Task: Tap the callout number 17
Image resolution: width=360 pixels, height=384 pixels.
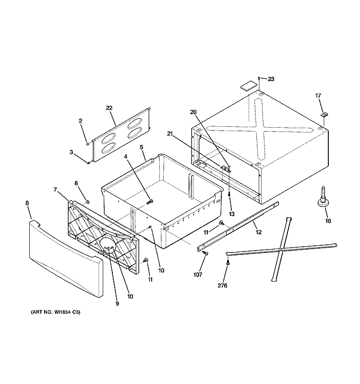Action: pyautogui.click(x=317, y=96)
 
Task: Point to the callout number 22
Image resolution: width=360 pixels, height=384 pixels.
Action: pyautogui.click(x=110, y=109)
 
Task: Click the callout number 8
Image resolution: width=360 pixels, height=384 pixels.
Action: pyautogui.click(x=27, y=203)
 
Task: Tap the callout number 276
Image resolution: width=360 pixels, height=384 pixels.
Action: pyautogui.click(x=222, y=286)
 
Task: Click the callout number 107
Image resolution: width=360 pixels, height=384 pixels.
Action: pyautogui.click(x=198, y=275)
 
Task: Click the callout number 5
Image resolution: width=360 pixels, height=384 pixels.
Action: pyautogui.click(x=142, y=147)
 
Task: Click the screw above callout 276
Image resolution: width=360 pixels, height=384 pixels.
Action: pyautogui.click(x=227, y=263)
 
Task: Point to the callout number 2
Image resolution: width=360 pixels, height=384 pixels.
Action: pyautogui.click(x=81, y=121)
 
